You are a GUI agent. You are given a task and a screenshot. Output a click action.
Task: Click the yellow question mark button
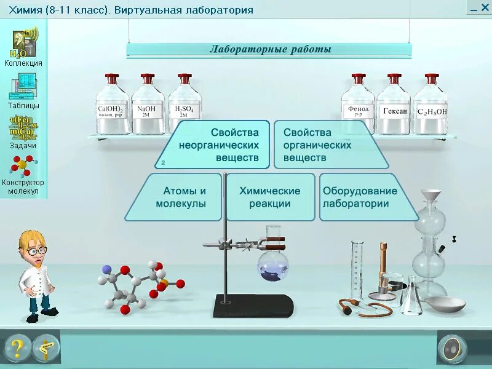(x=18, y=349)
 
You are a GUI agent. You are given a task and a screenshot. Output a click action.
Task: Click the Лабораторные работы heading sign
(x=269, y=50)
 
